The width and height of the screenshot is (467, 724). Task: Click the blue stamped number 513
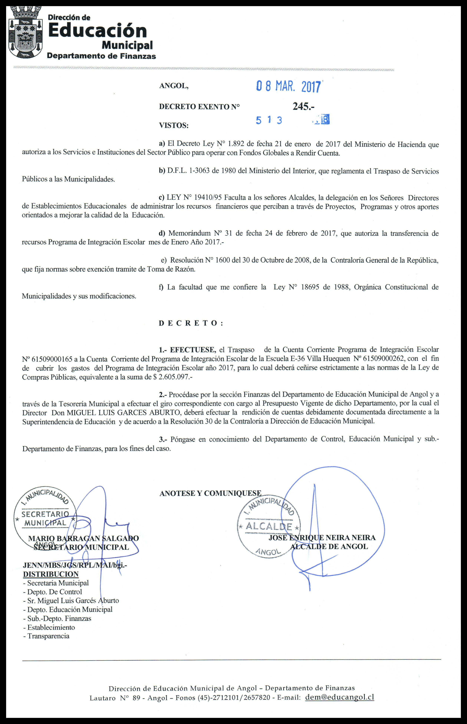pos(269,120)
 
